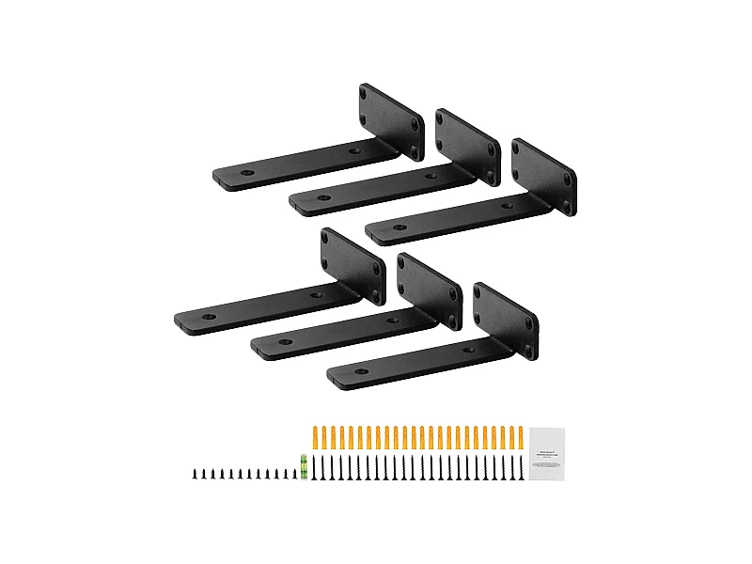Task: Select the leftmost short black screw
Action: (196, 474)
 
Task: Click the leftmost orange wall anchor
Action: (315, 436)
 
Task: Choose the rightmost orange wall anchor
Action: (520, 436)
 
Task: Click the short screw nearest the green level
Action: (294, 474)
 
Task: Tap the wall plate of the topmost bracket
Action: (390, 120)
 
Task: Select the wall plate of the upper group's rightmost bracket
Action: (542, 177)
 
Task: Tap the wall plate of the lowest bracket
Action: (505, 320)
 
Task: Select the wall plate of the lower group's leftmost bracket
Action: (352, 266)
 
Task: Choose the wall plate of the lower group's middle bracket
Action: (430, 292)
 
